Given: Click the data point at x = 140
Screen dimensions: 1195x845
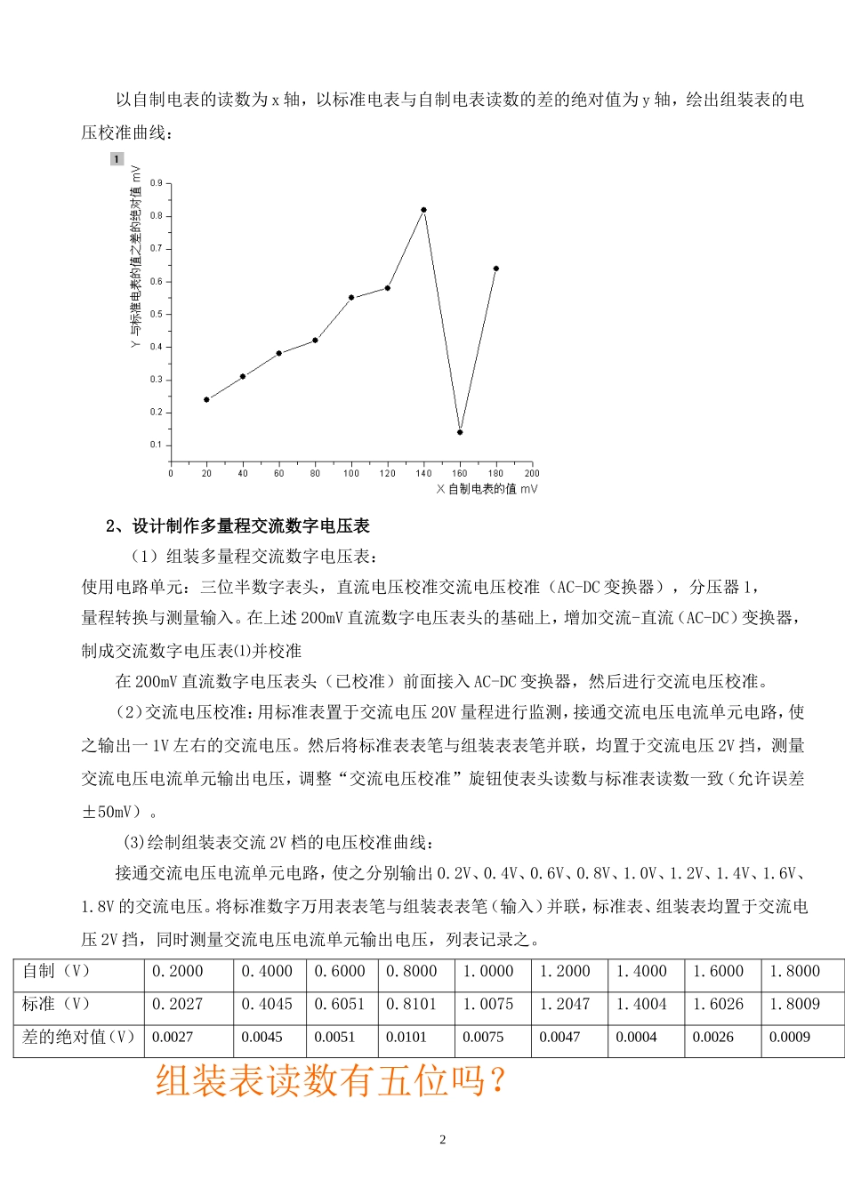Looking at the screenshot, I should [423, 210].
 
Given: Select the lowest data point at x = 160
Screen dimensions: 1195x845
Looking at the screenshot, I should [460, 432].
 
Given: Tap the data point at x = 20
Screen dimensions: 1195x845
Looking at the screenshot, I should [206, 399].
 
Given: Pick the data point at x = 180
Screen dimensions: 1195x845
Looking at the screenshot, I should [495, 269].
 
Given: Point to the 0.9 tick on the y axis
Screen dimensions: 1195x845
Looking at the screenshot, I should [157, 183].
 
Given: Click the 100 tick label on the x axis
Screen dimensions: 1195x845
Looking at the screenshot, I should [351, 473].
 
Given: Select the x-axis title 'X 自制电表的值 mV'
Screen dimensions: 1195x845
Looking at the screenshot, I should [487, 489].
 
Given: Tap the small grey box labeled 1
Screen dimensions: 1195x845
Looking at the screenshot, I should [117, 159].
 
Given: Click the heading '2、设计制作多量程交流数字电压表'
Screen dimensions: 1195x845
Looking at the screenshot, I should [237, 526].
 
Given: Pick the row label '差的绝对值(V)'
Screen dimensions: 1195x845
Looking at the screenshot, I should [78, 1037].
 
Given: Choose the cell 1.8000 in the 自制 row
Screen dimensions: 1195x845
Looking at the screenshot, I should [794, 971].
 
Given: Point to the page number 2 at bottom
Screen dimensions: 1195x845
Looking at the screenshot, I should [443, 1140].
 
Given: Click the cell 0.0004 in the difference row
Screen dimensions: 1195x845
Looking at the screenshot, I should [636, 1037].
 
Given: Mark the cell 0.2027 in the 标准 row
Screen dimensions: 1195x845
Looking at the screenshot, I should [178, 1004].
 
